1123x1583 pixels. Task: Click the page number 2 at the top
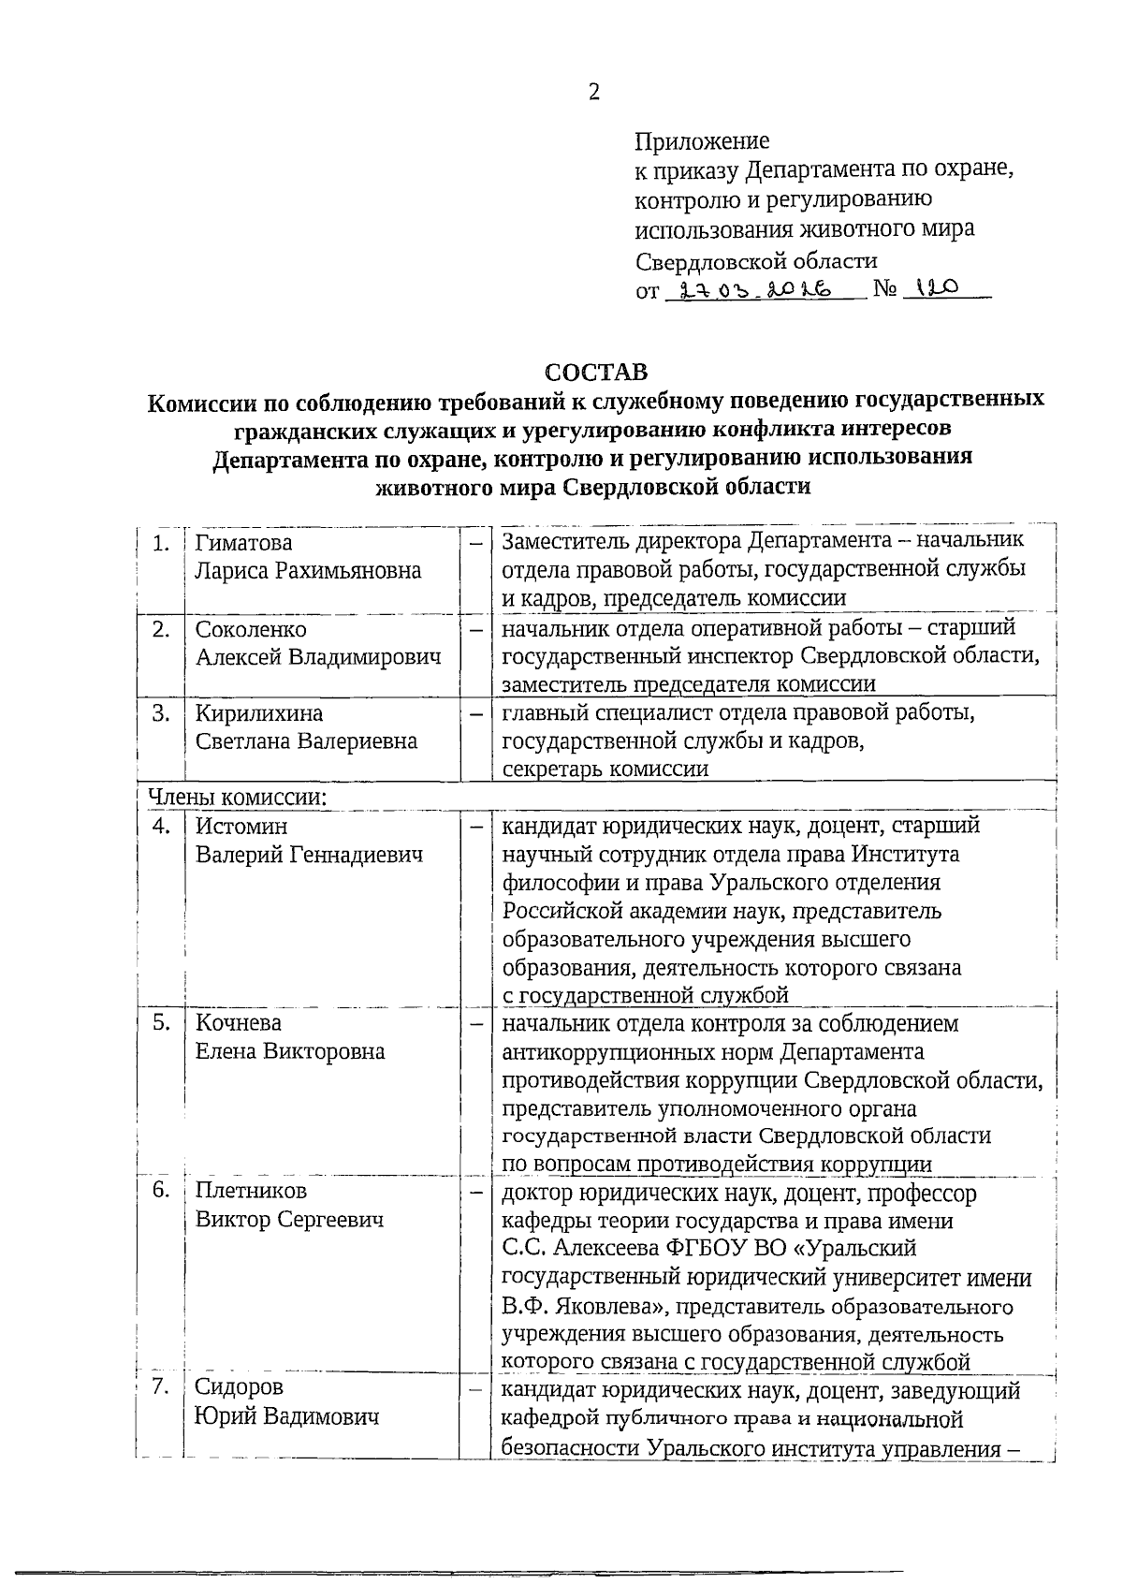[592, 92]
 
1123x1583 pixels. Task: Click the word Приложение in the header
[702, 140]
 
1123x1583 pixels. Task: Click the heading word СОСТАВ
[596, 372]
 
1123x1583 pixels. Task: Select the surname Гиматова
[243, 543]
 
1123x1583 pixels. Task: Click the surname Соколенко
[251, 629]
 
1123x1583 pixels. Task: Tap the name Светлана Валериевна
[306, 741]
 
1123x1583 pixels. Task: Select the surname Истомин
[241, 827]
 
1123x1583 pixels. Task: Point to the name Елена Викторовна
[290, 1051]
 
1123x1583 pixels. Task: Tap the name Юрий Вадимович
[287, 1416]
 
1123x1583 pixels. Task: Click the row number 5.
[161, 1022]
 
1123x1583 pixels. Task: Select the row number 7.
[161, 1387]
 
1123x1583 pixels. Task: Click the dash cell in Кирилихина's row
[476, 714]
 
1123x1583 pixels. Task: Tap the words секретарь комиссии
[605, 770]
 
